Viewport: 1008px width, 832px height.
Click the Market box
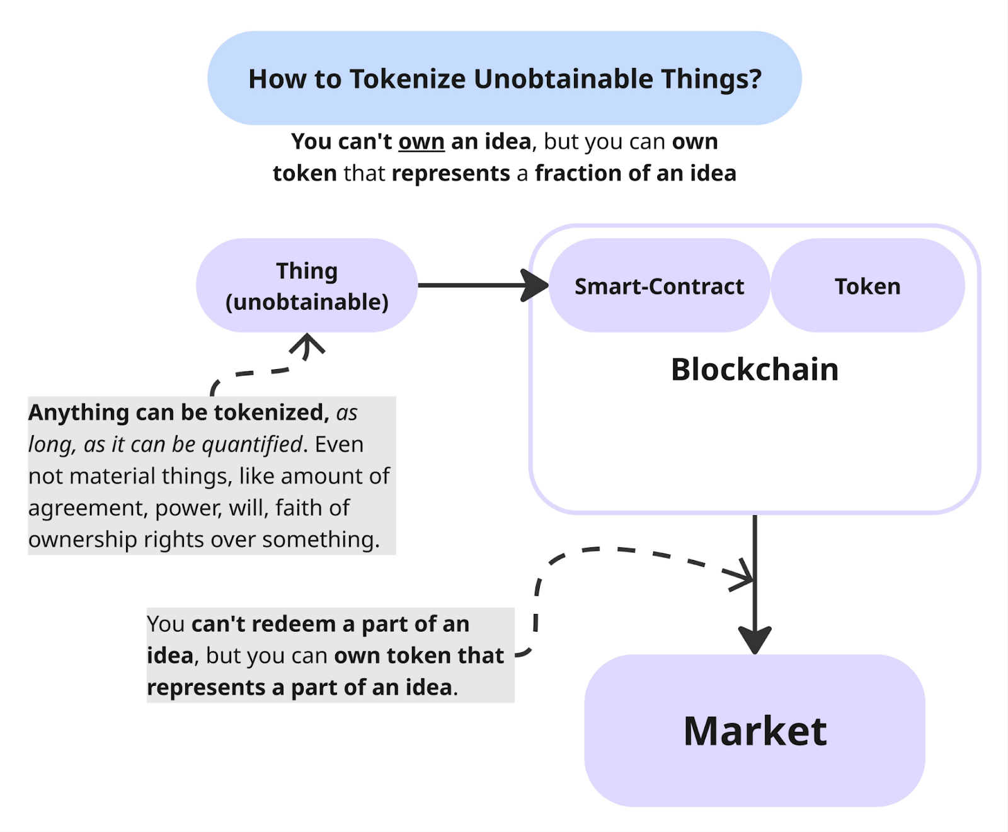pyautogui.click(x=755, y=731)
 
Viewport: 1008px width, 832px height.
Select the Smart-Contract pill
pyautogui.click(x=659, y=287)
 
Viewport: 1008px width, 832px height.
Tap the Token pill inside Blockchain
pyautogui.click(x=868, y=287)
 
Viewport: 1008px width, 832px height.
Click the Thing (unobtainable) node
pyautogui.click(x=307, y=286)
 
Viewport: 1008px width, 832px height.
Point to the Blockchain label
pyautogui.click(x=755, y=370)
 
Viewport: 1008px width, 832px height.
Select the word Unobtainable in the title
pyautogui.click(x=564, y=79)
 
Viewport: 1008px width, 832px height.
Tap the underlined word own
pyautogui.click(x=421, y=142)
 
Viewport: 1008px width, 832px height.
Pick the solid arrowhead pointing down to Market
pyautogui.click(x=755, y=640)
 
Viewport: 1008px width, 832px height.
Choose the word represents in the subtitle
pyautogui.click(x=450, y=173)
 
